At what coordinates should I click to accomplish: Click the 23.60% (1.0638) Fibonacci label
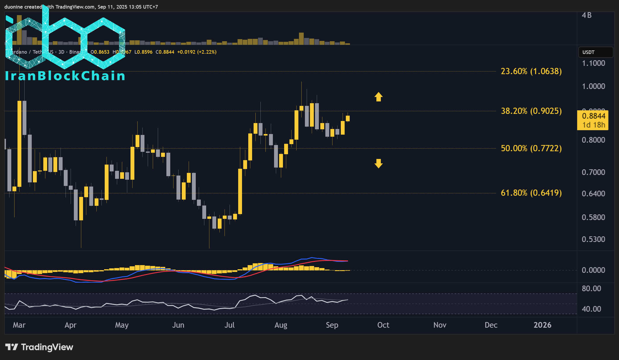(531, 71)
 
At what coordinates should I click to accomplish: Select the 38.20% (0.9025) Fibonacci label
(531, 111)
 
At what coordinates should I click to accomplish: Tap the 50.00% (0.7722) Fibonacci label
(531, 148)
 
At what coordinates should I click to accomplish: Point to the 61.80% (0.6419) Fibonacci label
(531, 193)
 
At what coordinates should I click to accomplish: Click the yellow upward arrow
(378, 97)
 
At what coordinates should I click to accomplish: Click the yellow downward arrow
(378, 163)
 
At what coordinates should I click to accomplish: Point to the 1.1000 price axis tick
(593, 63)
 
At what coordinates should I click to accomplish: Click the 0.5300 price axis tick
(593, 239)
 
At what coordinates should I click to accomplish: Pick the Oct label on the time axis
(383, 325)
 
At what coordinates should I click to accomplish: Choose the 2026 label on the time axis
(542, 325)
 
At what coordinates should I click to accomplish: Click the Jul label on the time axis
(229, 325)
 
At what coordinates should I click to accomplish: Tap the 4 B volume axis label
(586, 15)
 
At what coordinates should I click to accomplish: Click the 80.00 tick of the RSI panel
(591, 289)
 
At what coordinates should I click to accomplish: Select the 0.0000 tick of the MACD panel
(593, 270)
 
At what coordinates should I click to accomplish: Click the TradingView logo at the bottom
(39, 347)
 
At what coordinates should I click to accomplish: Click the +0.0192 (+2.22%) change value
(197, 52)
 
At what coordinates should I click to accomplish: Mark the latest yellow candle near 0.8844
(348, 119)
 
